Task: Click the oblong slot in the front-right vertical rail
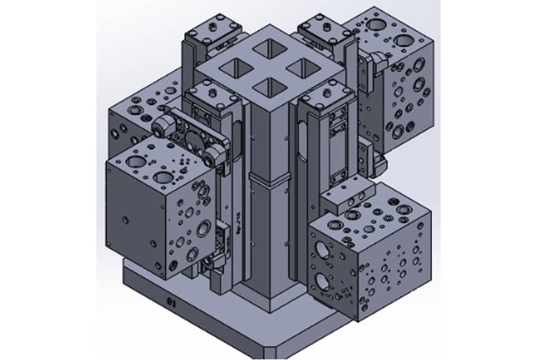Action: pyautogui.click(x=301, y=141)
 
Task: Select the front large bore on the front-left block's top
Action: pyautogui.click(x=163, y=177)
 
